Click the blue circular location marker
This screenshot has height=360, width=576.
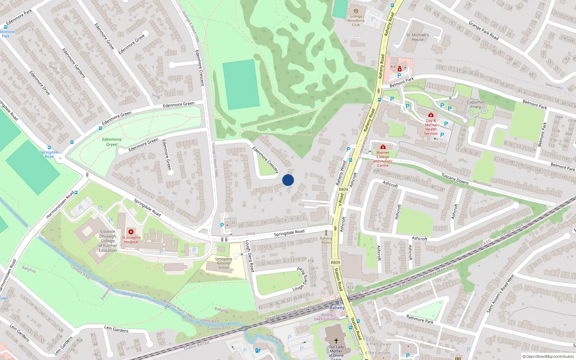(288, 180)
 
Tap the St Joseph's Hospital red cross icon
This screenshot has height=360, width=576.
(131, 232)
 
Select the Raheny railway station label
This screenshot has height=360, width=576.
(337, 307)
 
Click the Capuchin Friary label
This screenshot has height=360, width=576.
(476, 104)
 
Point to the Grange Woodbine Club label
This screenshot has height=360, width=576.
(356, 21)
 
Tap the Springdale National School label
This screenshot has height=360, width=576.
(224, 263)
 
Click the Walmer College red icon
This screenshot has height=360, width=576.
(383, 147)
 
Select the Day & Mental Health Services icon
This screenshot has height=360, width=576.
(431, 115)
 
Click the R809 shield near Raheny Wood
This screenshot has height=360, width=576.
(343, 189)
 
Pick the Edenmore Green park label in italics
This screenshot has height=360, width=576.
(112, 142)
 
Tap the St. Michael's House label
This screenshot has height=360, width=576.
(418, 37)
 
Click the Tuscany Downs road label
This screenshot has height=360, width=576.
(455, 179)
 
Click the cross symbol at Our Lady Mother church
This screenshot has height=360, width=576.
(336, 341)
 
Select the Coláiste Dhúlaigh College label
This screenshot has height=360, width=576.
(108, 241)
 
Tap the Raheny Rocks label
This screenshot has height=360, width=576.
(326, 240)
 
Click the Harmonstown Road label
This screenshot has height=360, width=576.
(60, 204)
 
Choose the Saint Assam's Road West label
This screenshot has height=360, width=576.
(500, 293)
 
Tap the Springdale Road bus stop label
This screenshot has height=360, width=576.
(49, 154)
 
